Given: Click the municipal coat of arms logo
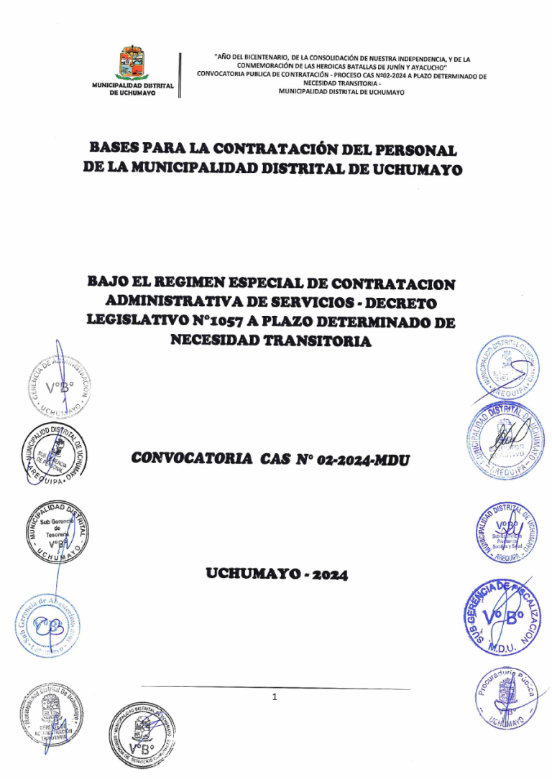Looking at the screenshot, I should point(134,62).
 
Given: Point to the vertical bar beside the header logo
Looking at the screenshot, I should point(179,75).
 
